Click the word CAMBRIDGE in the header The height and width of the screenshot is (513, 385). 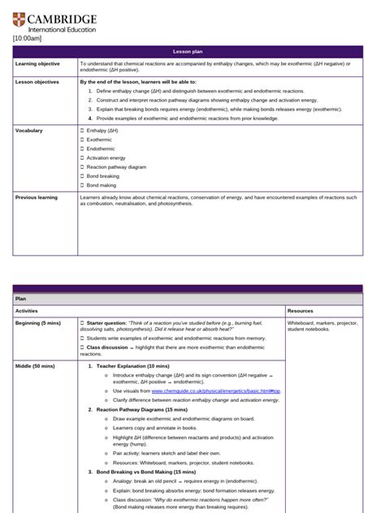point(62,17)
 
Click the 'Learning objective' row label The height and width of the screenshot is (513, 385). point(37,63)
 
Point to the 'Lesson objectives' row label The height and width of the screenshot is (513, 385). point(37,82)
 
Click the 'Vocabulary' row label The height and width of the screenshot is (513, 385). point(29,130)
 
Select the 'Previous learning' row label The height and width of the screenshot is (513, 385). point(37,196)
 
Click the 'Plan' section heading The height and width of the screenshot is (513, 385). point(21,299)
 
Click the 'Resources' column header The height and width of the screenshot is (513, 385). point(302,310)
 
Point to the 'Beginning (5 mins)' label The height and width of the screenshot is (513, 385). point(38,323)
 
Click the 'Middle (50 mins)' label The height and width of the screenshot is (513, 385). point(36,366)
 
